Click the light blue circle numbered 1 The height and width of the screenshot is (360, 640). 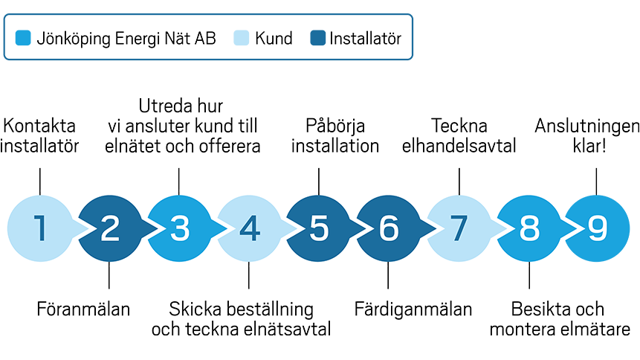(39, 229)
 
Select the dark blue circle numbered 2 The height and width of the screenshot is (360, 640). (109, 229)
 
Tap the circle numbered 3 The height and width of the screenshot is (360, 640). (179, 229)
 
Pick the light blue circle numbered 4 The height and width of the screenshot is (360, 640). (249, 229)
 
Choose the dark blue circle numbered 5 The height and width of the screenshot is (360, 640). (319, 229)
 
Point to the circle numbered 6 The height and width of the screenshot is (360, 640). (389, 229)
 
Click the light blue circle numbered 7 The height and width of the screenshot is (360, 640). (459, 229)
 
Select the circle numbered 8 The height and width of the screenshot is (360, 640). (529, 229)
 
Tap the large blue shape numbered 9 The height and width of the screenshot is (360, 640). (599, 229)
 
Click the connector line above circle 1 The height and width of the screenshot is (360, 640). (39, 185)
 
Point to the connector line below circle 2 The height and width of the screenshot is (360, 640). (109, 272)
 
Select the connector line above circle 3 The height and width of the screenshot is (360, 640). (179, 185)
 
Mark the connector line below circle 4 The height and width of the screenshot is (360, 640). (249, 272)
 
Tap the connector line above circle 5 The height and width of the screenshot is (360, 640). (319, 185)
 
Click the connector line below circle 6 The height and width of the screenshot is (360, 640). (389, 272)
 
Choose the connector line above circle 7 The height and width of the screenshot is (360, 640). (459, 185)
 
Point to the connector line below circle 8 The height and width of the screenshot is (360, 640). (529, 272)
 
